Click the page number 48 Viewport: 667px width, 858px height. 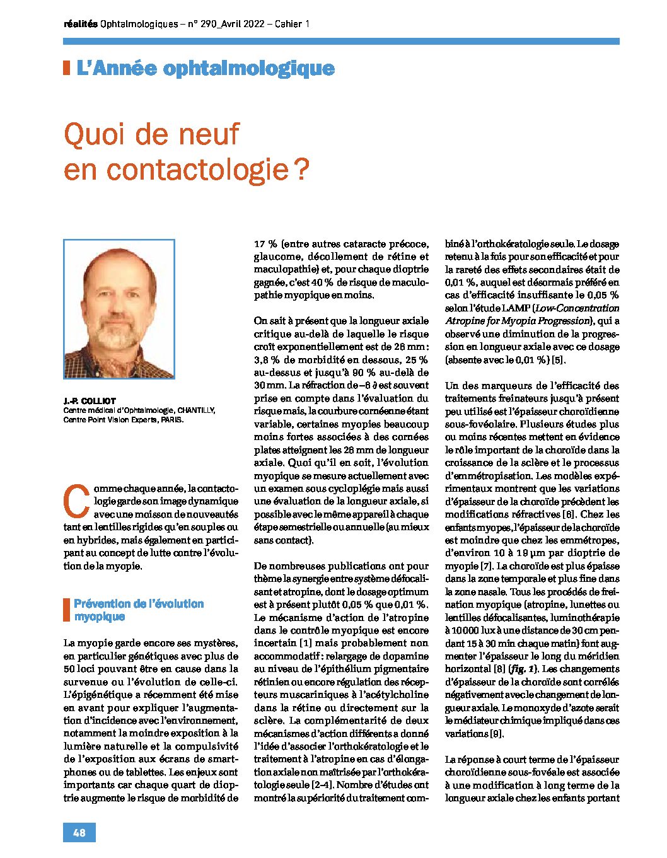(79, 832)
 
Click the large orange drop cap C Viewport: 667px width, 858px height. (74, 500)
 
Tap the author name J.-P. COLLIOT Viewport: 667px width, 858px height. (90, 401)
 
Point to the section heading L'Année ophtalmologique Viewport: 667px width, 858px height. (205, 68)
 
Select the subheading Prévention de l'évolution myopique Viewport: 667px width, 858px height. (139, 610)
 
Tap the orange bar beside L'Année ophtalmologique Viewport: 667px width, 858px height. (66, 68)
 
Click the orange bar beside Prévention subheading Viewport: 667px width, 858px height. (66, 610)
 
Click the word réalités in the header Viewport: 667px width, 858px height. (81, 25)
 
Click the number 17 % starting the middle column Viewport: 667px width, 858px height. (266, 243)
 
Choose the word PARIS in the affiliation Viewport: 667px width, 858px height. (172, 419)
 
